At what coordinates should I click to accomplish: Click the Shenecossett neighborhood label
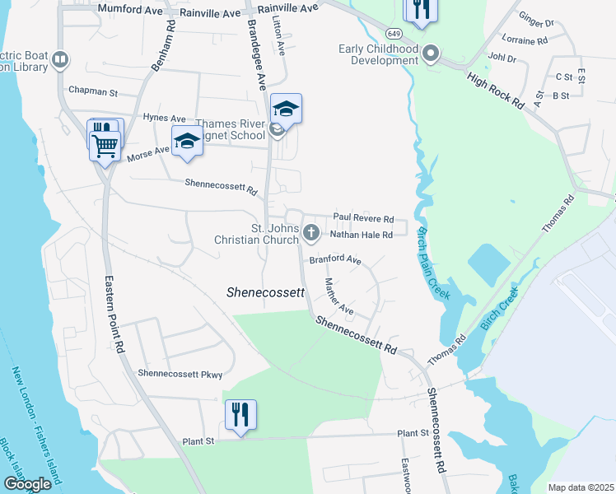[265, 292]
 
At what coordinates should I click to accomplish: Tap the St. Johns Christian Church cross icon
[311, 232]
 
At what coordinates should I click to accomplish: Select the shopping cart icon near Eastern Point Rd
[105, 146]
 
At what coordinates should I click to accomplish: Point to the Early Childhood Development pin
[430, 54]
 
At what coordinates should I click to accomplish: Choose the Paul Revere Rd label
[363, 218]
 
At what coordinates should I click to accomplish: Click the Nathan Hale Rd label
[368, 235]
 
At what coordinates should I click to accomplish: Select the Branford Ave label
[335, 260]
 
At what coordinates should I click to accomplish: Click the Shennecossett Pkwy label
[180, 374]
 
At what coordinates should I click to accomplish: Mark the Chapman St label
[95, 90]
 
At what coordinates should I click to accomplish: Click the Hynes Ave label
[165, 119]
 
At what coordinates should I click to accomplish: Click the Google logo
[28, 484]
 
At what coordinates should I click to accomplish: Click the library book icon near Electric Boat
[59, 59]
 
